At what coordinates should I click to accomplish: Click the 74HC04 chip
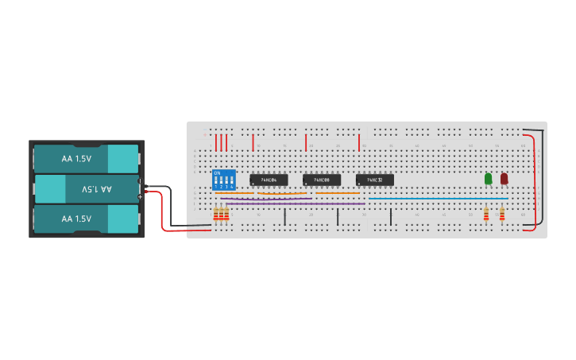click(x=269, y=180)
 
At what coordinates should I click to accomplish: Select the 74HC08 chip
click(x=322, y=180)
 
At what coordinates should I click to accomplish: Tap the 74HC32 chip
click(x=374, y=180)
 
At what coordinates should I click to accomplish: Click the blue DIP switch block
click(x=223, y=179)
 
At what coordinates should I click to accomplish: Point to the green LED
click(x=489, y=179)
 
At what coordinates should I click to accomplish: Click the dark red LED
click(x=504, y=179)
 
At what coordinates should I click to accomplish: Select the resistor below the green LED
click(x=486, y=213)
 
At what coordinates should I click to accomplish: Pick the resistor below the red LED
click(x=502, y=213)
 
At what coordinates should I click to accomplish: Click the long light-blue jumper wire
click(x=437, y=199)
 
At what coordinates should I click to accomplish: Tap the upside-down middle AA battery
click(x=87, y=189)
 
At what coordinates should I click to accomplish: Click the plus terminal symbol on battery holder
click(x=140, y=195)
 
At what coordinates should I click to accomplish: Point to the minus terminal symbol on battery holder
click(x=140, y=181)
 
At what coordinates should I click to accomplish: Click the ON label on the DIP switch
click(x=217, y=172)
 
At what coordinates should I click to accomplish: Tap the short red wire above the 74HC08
click(x=306, y=142)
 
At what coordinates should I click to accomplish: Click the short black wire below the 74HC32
click(x=390, y=217)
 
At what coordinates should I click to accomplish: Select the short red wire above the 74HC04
click(x=253, y=142)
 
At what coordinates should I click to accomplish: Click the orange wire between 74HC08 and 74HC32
click(x=338, y=192)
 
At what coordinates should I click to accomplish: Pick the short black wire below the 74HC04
click(x=284, y=217)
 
